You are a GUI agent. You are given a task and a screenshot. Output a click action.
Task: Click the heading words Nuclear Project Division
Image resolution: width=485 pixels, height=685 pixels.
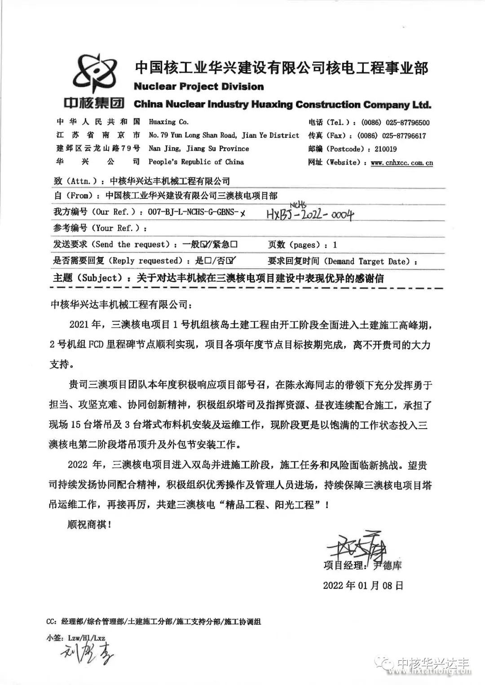[x=199, y=87]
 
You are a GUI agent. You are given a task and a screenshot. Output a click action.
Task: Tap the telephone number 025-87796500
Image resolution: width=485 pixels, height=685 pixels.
[x=406, y=123]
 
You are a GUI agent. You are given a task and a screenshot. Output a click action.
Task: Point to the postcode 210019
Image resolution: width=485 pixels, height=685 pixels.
[x=382, y=149]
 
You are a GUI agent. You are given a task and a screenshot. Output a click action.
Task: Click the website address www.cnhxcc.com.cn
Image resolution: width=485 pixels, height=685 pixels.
[x=402, y=162]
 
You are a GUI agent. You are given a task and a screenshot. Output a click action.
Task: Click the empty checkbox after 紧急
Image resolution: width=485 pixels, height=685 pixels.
[x=234, y=244]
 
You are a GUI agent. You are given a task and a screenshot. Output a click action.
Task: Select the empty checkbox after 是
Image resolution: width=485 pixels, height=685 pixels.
[x=208, y=261]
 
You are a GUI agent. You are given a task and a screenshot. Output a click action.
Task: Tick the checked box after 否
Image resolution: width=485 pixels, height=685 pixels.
[x=231, y=261]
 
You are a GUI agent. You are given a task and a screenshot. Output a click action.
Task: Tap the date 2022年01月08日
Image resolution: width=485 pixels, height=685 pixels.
[x=363, y=585]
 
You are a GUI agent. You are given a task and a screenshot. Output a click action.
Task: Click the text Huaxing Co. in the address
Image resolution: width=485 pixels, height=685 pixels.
[x=168, y=122]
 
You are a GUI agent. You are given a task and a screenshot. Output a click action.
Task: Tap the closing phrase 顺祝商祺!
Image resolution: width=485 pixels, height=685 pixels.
[x=88, y=524]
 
